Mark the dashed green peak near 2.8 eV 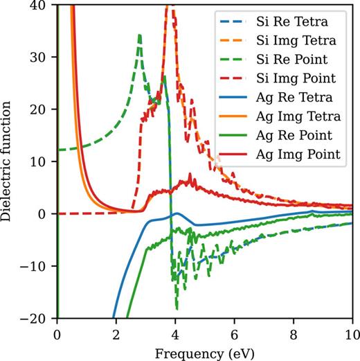[x=140, y=35]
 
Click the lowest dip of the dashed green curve [x=177, y=308]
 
